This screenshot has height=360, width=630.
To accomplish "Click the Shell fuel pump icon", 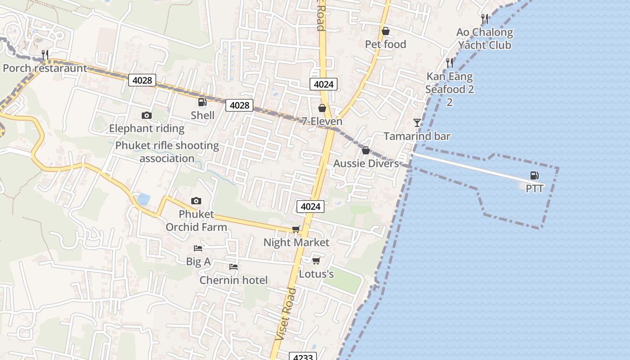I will pos(202,102).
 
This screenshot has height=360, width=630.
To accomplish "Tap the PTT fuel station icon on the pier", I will pos(535,175).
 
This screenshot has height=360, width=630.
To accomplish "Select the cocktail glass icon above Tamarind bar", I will pos(417,122).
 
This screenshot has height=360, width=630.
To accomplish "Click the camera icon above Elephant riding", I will pos(146,116).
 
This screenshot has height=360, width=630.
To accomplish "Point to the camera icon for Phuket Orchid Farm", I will pos(196,201).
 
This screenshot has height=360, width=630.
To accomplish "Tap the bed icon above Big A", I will pos(198,248).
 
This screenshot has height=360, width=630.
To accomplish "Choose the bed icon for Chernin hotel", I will pos(233,267).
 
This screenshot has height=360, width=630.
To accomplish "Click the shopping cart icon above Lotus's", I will pos(316,261).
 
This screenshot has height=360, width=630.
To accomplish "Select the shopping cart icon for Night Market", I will pos(296,229).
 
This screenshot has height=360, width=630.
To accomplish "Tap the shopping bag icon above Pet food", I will pos(385,31).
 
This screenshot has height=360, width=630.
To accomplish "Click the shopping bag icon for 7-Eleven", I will pos(322,108).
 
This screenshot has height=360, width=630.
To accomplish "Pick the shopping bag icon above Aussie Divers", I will pos(366,150).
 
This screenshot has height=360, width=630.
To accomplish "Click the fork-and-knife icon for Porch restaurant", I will pos(45,55).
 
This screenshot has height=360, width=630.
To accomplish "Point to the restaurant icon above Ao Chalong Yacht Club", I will pos(484,19).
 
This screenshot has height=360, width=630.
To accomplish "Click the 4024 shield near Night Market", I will pos(310,207).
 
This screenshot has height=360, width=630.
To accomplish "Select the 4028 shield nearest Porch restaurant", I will pos(142,81).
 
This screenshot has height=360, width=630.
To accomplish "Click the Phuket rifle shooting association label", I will pos(167,152).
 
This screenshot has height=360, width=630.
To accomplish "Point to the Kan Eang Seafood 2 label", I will pos(450,83).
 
